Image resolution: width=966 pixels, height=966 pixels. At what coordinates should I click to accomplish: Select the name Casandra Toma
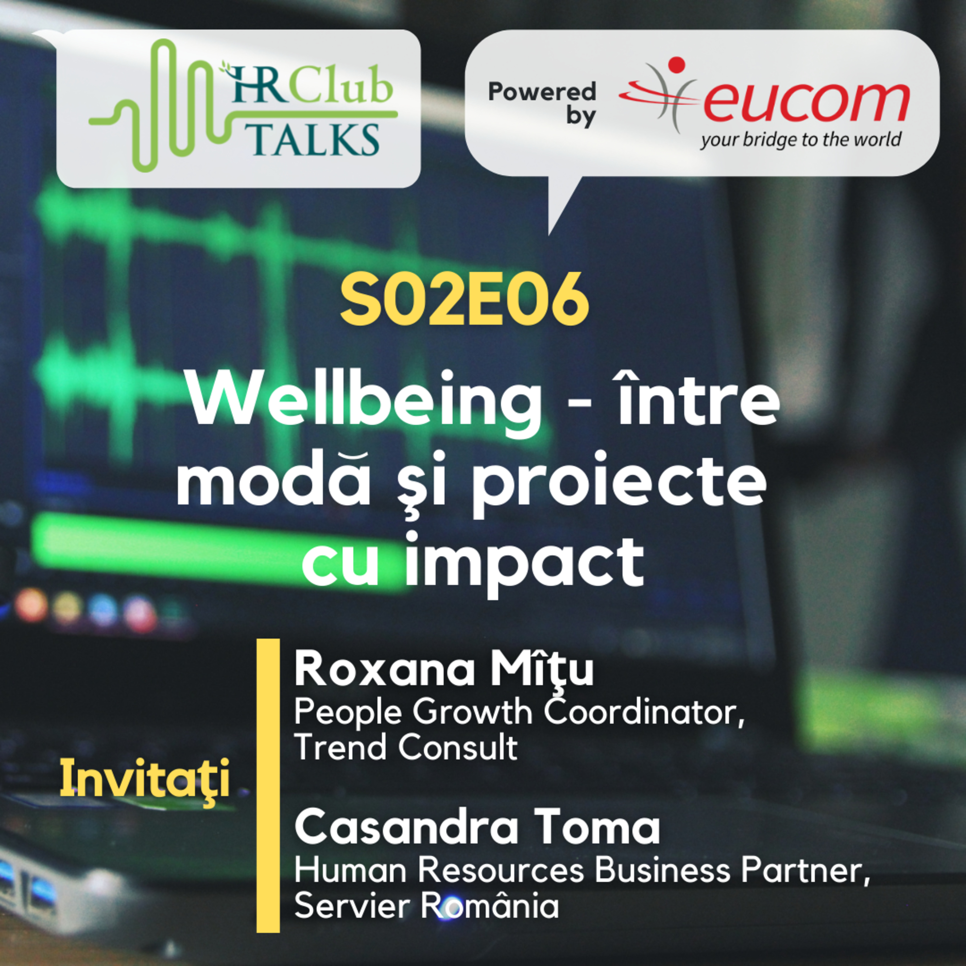(477, 828)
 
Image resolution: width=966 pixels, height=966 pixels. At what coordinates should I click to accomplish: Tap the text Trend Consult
(405, 747)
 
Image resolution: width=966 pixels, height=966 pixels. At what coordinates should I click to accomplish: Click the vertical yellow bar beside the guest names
(268, 785)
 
